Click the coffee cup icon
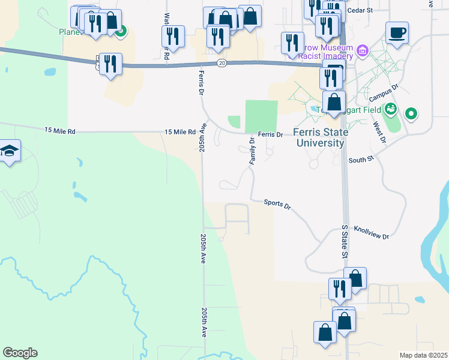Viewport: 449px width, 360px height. tap(396, 32)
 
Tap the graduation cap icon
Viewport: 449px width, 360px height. tap(10, 151)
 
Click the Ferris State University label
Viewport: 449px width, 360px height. tap(318, 137)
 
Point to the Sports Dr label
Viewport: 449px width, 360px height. tap(277, 204)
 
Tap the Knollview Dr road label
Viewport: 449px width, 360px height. tap(371, 233)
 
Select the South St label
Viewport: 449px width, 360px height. tap(361, 160)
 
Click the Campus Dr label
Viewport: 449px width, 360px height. tap(384, 94)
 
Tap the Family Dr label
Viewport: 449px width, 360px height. tap(252, 151)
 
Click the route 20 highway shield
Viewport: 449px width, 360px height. tap(221, 63)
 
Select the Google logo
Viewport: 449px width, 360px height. tap(20, 353)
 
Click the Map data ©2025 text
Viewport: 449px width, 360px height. tap(423, 355)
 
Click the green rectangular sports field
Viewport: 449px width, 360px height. tap(261, 116)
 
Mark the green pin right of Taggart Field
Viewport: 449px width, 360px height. tap(411, 113)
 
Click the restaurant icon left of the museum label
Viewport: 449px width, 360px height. tap(292, 43)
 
